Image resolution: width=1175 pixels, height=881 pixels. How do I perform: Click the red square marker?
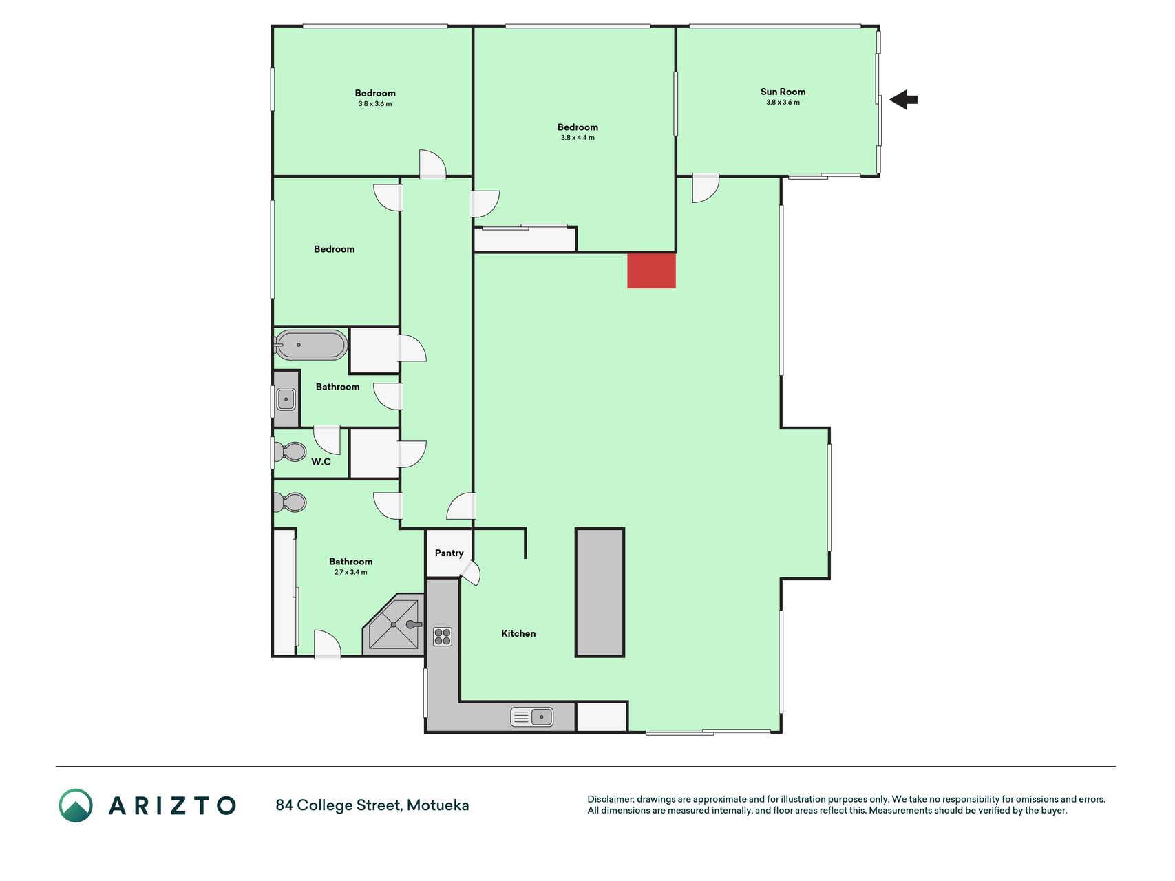click(x=651, y=270)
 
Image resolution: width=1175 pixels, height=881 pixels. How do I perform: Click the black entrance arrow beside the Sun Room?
click(x=903, y=100)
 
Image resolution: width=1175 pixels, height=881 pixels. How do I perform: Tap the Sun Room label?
click(x=783, y=92)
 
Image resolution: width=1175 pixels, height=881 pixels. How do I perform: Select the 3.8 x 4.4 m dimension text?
click(x=578, y=138)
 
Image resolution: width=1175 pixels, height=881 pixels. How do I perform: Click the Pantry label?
click(x=449, y=553)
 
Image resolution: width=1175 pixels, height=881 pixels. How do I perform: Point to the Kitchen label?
click(x=518, y=633)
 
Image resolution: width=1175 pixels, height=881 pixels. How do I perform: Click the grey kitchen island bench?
click(x=600, y=593)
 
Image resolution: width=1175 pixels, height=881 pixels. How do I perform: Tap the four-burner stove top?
click(x=443, y=637)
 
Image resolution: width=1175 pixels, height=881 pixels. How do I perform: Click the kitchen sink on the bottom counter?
click(x=532, y=717)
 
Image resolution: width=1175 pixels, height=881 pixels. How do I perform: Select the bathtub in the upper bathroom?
click(x=311, y=345)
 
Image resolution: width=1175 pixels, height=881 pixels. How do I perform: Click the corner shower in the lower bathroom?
click(x=393, y=624)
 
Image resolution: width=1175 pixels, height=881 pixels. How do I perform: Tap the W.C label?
click(x=321, y=461)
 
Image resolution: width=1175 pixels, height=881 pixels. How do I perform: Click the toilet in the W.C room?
click(x=290, y=452)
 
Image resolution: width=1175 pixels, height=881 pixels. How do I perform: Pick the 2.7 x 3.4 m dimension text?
click(x=351, y=572)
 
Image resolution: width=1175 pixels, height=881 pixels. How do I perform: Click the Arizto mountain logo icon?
click(x=76, y=805)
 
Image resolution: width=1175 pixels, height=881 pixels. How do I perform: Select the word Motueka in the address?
click(x=438, y=805)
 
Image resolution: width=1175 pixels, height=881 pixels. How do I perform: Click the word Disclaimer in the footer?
click(x=611, y=799)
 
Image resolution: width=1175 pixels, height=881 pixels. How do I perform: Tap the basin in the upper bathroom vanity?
click(x=286, y=399)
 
